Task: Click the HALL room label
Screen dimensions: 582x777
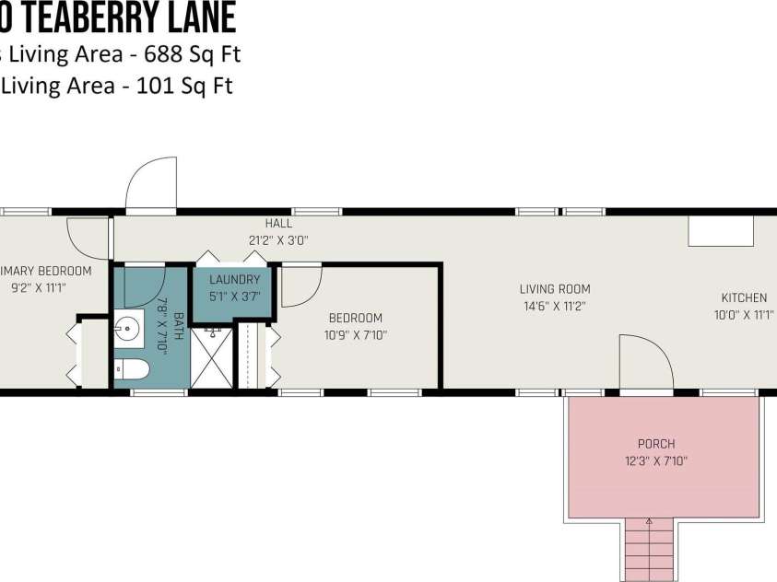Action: coord(278,224)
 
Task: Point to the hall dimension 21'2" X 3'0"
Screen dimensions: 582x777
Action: coord(278,239)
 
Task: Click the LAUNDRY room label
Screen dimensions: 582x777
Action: coord(234,280)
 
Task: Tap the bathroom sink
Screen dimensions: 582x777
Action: coord(128,327)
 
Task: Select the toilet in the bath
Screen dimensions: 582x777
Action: coord(132,370)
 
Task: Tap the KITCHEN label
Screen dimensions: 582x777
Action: coord(743,297)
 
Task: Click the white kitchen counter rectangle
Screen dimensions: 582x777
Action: coord(721,231)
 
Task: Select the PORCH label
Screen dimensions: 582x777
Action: coord(656,444)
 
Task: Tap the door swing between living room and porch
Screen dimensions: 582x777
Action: coord(644,365)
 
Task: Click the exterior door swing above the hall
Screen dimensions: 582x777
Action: coord(150,184)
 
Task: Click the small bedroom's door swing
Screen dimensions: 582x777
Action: coord(300,285)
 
